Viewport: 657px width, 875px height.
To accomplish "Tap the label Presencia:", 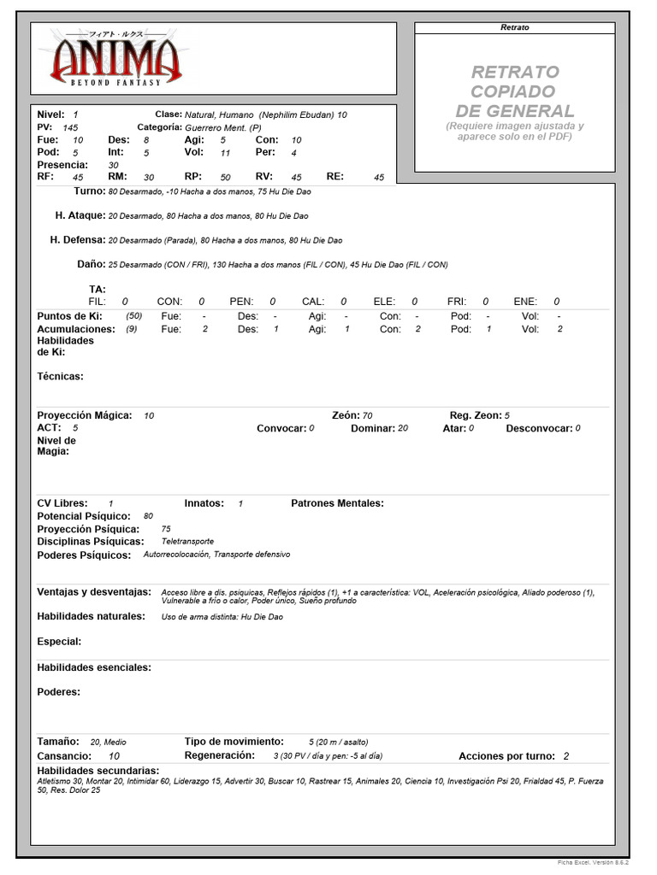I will click(62, 164).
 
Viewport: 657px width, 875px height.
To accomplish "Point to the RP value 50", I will click(225, 177).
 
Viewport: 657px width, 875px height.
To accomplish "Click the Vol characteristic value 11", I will click(225, 152).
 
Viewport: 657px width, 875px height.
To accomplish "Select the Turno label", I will click(89, 191).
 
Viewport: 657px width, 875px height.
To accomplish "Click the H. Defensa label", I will click(78, 240).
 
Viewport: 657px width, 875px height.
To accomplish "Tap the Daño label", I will click(91, 264).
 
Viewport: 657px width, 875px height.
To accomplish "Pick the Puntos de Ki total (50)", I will click(133, 316).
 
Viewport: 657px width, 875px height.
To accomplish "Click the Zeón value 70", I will click(367, 415).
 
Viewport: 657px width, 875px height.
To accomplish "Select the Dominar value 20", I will click(403, 428).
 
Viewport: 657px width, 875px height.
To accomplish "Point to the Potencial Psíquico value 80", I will click(149, 516).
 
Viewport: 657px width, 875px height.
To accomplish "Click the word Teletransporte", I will click(187, 542).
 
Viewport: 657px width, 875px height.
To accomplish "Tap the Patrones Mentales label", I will click(338, 503).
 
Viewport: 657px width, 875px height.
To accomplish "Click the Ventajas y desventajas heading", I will click(94, 591).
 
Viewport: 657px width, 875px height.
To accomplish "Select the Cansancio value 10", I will click(115, 756).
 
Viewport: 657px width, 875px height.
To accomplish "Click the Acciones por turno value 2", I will click(566, 756).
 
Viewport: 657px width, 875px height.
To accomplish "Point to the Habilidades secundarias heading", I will click(98, 770).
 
